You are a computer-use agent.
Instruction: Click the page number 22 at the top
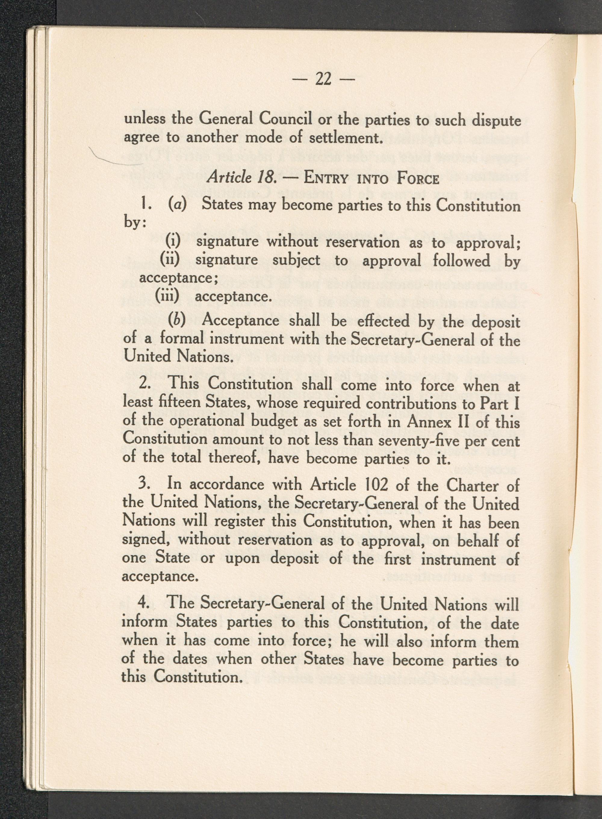(x=323, y=79)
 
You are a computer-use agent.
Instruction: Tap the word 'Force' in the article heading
(x=417, y=179)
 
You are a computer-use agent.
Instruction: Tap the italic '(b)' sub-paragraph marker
(x=177, y=320)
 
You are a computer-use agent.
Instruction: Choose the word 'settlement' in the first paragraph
(x=343, y=138)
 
